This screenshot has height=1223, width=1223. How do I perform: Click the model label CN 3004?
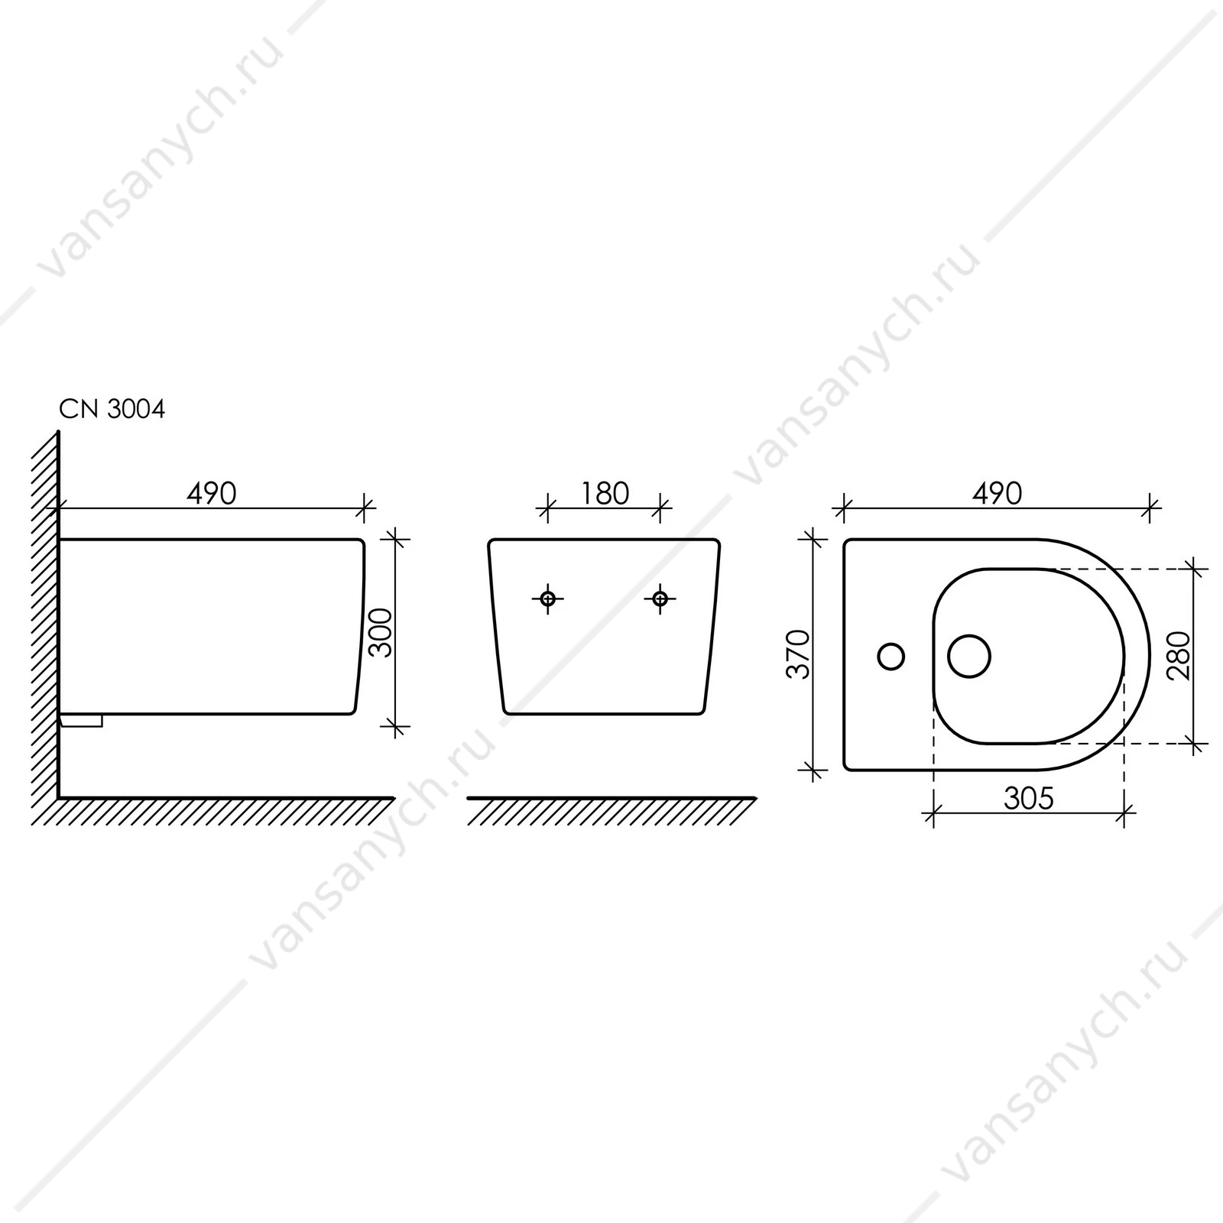click(x=112, y=410)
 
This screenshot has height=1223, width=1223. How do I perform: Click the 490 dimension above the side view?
click(x=212, y=494)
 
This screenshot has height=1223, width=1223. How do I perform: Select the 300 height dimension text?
click(x=380, y=632)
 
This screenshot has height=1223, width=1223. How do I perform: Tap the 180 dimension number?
click(x=605, y=494)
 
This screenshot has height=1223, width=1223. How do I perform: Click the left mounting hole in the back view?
click(x=548, y=599)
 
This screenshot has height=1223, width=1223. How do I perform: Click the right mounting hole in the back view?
click(x=660, y=599)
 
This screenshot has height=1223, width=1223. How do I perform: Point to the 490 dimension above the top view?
click(x=997, y=494)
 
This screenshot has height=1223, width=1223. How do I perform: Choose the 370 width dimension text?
click(x=799, y=654)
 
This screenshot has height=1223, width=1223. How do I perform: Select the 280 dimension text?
click(x=1179, y=656)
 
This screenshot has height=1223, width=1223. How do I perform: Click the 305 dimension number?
click(x=1029, y=799)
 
